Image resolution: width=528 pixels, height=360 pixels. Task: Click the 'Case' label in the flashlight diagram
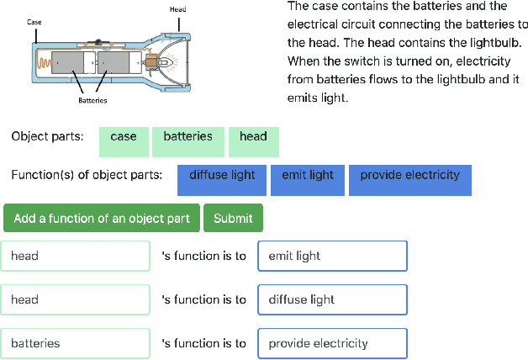34,21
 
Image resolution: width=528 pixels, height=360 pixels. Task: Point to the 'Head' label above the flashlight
177,9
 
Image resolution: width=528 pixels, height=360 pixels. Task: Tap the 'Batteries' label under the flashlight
92,99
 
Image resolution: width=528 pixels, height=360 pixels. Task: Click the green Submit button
233,218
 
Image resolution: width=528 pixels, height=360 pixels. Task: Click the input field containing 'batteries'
75,343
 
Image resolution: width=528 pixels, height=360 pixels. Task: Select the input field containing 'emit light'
332,256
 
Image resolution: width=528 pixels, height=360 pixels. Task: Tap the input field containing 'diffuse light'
332,299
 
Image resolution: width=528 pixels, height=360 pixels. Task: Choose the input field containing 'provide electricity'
332,343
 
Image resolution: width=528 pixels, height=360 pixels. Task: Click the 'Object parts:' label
47,136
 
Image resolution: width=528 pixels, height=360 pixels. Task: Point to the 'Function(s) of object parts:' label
87,175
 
